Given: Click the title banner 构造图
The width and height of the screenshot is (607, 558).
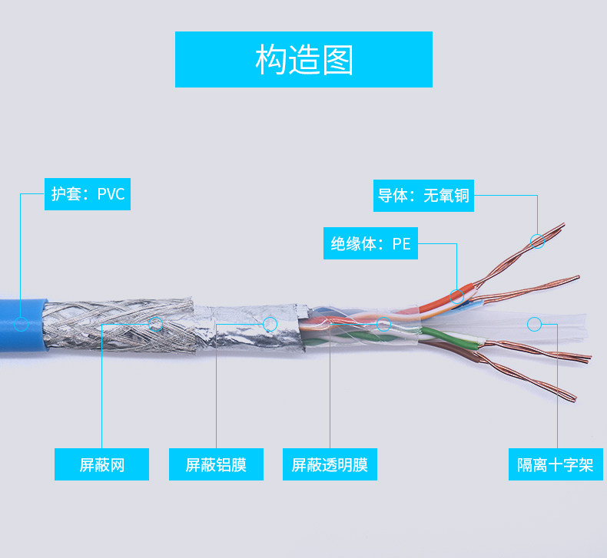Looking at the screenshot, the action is pos(303,59).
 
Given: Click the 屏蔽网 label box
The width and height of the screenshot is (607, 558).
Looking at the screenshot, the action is pos(101,464).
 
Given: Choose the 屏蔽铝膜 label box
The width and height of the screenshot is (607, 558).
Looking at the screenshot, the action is pos(216,464).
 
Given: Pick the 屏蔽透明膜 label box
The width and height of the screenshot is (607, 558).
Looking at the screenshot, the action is pos(330,464).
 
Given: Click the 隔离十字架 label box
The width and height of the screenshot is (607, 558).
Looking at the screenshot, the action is pos(556,464).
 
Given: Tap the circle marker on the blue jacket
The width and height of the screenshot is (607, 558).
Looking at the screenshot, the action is pos(21,324).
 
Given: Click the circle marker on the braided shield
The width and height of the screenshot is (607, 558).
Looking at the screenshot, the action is pos(156,324).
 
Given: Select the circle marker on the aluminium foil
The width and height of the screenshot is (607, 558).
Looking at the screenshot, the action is pos(270,324).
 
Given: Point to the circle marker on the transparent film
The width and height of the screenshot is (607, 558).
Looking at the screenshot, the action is pos(383,324).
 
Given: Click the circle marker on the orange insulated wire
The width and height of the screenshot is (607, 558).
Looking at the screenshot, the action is pos(457,294).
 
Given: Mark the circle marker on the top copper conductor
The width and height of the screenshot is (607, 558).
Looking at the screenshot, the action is pos(538,241).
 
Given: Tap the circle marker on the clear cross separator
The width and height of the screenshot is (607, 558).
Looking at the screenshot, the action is pos(535,324).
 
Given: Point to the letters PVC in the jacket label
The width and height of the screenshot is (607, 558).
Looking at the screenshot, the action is pos(111,193).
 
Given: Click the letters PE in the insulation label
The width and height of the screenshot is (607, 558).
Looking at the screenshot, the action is pos(401,244).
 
